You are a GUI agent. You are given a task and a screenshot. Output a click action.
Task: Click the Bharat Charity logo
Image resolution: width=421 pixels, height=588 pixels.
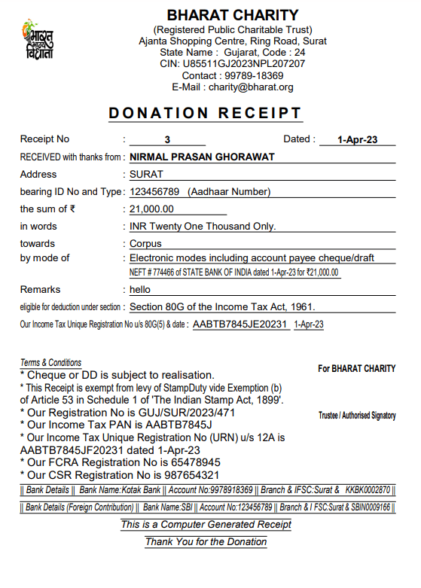click(38, 41)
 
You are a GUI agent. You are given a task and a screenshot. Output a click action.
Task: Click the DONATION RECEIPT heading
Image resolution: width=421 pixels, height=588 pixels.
click(205, 114)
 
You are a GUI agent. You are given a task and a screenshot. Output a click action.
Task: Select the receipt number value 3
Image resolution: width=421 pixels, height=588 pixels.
click(167, 140)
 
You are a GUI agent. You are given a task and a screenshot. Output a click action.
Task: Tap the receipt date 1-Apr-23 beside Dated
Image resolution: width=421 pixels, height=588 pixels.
click(357, 140)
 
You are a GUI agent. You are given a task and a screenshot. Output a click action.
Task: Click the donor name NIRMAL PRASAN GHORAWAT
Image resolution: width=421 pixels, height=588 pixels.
click(203, 157)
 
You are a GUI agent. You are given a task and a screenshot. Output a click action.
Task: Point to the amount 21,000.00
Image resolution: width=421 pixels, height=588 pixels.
click(151, 209)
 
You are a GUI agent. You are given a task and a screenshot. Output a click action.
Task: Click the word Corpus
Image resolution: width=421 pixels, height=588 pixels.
click(145, 244)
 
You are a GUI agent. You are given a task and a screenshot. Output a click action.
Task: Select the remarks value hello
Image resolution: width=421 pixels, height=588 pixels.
click(140, 290)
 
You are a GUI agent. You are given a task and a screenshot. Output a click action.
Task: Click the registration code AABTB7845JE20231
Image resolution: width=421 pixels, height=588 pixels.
click(240, 324)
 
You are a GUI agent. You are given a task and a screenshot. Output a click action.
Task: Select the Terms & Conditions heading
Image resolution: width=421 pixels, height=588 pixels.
click(50, 363)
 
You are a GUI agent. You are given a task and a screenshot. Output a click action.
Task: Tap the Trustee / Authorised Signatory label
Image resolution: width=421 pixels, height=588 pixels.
click(357, 416)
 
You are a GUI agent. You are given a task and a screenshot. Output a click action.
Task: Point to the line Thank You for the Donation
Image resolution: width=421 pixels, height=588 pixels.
click(206, 541)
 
